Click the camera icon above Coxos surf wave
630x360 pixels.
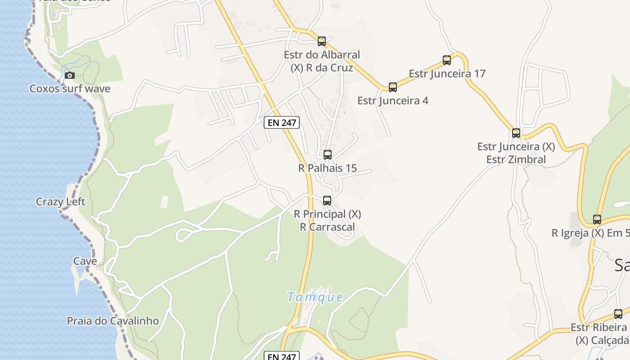(69, 75)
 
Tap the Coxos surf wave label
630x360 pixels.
(70, 89)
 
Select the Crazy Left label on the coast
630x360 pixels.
(60, 202)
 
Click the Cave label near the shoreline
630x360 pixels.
(85, 261)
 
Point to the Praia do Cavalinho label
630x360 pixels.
(112, 321)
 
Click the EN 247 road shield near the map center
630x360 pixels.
(281, 122)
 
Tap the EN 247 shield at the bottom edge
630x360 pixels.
(281, 356)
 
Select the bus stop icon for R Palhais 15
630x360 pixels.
(328, 155)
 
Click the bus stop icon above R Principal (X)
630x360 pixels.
(327, 201)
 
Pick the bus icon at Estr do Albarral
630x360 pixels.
(322, 41)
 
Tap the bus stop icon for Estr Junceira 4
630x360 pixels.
(393, 87)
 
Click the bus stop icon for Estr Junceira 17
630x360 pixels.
(447, 60)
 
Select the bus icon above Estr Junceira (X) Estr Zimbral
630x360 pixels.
(516, 133)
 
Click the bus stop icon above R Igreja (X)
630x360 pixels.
(597, 220)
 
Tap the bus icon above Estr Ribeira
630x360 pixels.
(618, 314)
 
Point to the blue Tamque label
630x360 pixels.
(315, 297)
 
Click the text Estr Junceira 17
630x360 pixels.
(447, 73)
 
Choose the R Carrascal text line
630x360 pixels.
(327, 227)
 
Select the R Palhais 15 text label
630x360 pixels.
(328, 168)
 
